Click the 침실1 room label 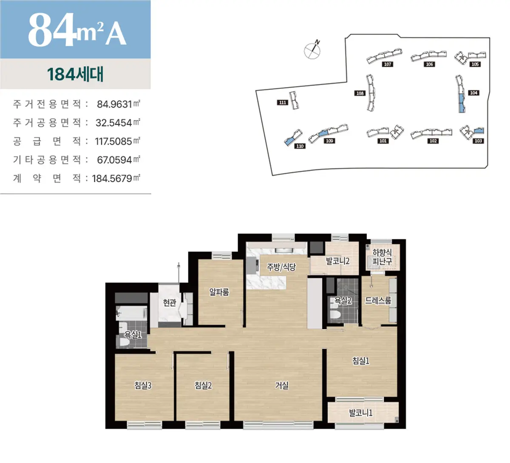(360, 360)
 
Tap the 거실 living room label (282, 385)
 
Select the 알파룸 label (219, 292)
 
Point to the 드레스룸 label (378, 300)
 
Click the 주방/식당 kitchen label (281, 267)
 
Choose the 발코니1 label (360, 413)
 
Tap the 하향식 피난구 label (382, 257)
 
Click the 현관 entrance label (170, 303)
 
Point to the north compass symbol (312, 49)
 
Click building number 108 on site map (360, 93)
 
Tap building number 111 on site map (283, 103)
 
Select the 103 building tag (478, 141)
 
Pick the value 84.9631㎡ (119, 104)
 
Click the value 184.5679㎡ (116, 179)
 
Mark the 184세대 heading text (75, 74)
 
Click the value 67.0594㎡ (119, 160)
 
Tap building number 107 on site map (388, 64)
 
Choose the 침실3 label (143, 385)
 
